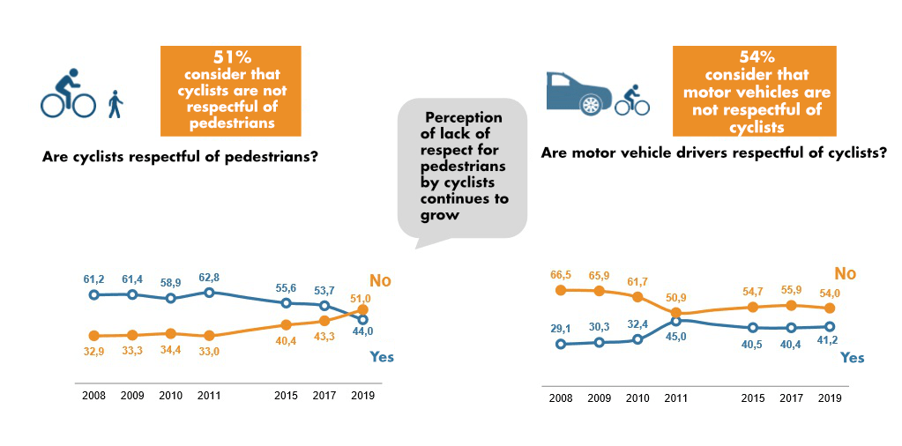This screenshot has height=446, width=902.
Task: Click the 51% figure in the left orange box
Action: pos(232,58)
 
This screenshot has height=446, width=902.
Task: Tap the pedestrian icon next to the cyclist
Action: pos(115,104)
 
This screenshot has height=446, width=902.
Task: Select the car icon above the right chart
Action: pos(577,92)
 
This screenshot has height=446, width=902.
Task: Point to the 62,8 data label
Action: pos(208,277)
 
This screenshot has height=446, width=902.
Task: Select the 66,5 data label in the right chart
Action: pos(560,274)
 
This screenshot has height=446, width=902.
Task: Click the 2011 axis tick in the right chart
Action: pos(675,398)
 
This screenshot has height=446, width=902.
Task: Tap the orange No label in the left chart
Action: pos(380,281)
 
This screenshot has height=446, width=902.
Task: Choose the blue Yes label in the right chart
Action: pos(853,358)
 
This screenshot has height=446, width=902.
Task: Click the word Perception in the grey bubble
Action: pos(463,117)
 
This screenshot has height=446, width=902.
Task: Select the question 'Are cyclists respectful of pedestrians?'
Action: pos(180,158)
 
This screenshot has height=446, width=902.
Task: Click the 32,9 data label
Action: pos(94,351)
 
